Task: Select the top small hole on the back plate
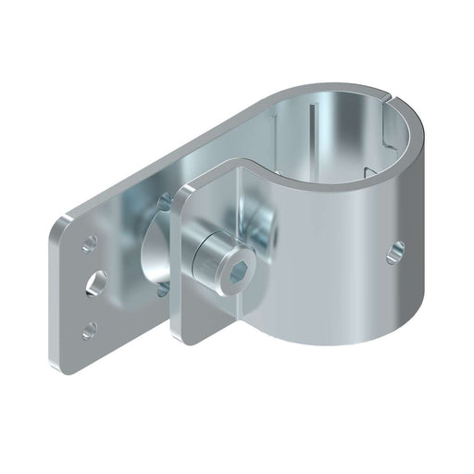tap(89, 244)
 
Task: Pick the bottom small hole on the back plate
tap(89, 328)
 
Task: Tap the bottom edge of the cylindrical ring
tap(333, 343)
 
